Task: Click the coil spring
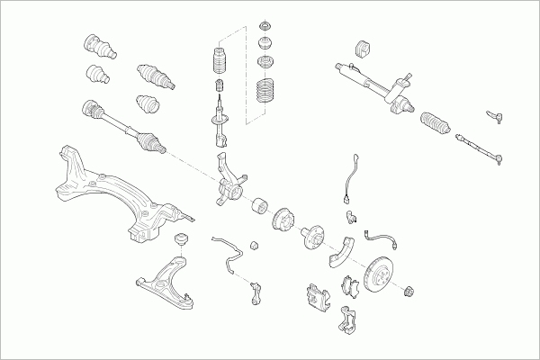(267, 94)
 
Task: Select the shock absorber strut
(218, 126)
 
